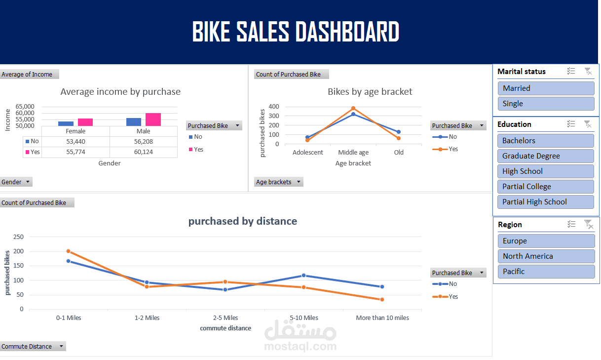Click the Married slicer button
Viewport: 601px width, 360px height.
pyautogui.click(x=546, y=88)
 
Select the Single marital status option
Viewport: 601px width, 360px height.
pyautogui.click(x=546, y=104)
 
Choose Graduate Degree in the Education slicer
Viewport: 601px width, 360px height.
pyautogui.click(x=546, y=156)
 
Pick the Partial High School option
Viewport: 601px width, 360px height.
pyautogui.click(x=546, y=202)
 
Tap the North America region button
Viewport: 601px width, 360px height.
pyautogui.click(x=546, y=256)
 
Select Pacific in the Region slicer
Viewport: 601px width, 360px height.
pyautogui.click(x=546, y=272)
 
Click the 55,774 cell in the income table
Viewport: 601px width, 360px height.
pyautogui.click(x=75, y=152)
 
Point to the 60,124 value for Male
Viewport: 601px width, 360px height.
pyautogui.click(x=143, y=152)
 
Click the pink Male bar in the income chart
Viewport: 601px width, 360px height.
pyautogui.click(x=153, y=120)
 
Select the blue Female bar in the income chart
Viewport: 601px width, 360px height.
pyautogui.click(x=66, y=123)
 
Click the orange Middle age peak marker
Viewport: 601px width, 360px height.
pyautogui.click(x=353, y=108)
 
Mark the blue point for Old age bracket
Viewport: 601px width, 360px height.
pyautogui.click(x=399, y=132)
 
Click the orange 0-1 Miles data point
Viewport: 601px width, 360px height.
pyautogui.click(x=69, y=251)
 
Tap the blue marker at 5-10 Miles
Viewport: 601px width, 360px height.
pyautogui.click(x=303, y=276)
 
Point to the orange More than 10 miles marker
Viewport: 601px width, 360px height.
pyautogui.click(x=382, y=299)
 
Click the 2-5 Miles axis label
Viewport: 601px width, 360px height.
pyautogui.click(x=225, y=318)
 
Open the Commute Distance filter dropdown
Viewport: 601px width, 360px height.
pyautogui.click(x=61, y=347)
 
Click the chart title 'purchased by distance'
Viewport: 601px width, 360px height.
pyautogui.click(x=242, y=221)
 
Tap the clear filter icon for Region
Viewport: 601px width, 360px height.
pyautogui.click(x=588, y=224)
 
